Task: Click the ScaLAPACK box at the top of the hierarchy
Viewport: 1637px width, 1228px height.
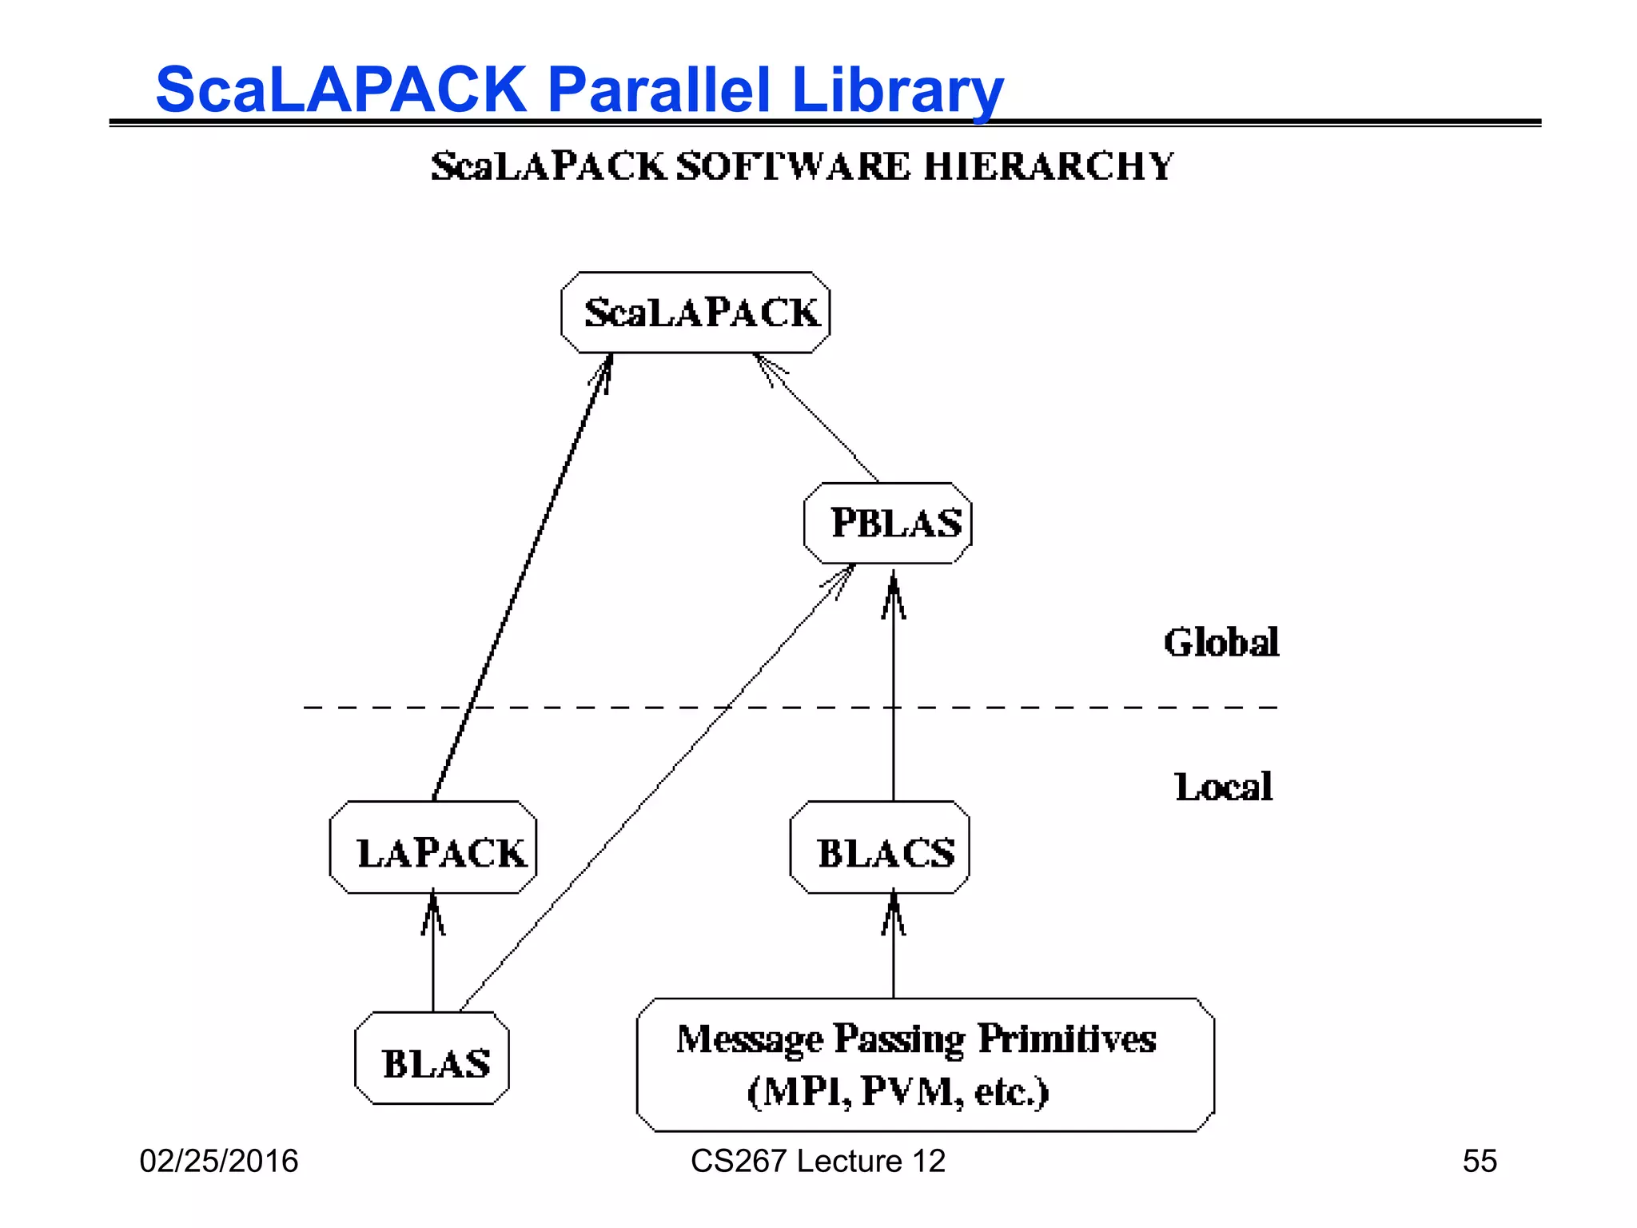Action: (x=695, y=313)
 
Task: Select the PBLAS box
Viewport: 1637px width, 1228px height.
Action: (x=888, y=524)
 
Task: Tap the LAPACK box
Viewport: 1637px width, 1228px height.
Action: (x=433, y=847)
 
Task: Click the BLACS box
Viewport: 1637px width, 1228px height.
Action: (x=880, y=847)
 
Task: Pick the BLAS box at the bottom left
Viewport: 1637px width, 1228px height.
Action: (x=432, y=1059)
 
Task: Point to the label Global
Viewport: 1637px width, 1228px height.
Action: (x=1221, y=643)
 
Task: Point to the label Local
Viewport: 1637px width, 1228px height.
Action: (x=1223, y=787)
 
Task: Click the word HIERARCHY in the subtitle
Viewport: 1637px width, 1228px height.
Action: (x=1048, y=166)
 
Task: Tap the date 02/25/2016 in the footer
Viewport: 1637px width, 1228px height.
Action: (x=218, y=1161)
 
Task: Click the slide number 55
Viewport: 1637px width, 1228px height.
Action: (x=1479, y=1161)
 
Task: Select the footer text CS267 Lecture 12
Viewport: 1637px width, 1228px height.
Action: (x=818, y=1161)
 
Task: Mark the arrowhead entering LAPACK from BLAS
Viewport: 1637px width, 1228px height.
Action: (x=433, y=911)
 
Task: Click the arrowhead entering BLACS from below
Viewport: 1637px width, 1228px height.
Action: (x=894, y=911)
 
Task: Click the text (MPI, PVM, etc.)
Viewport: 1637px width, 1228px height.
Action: (x=897, y=1091)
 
